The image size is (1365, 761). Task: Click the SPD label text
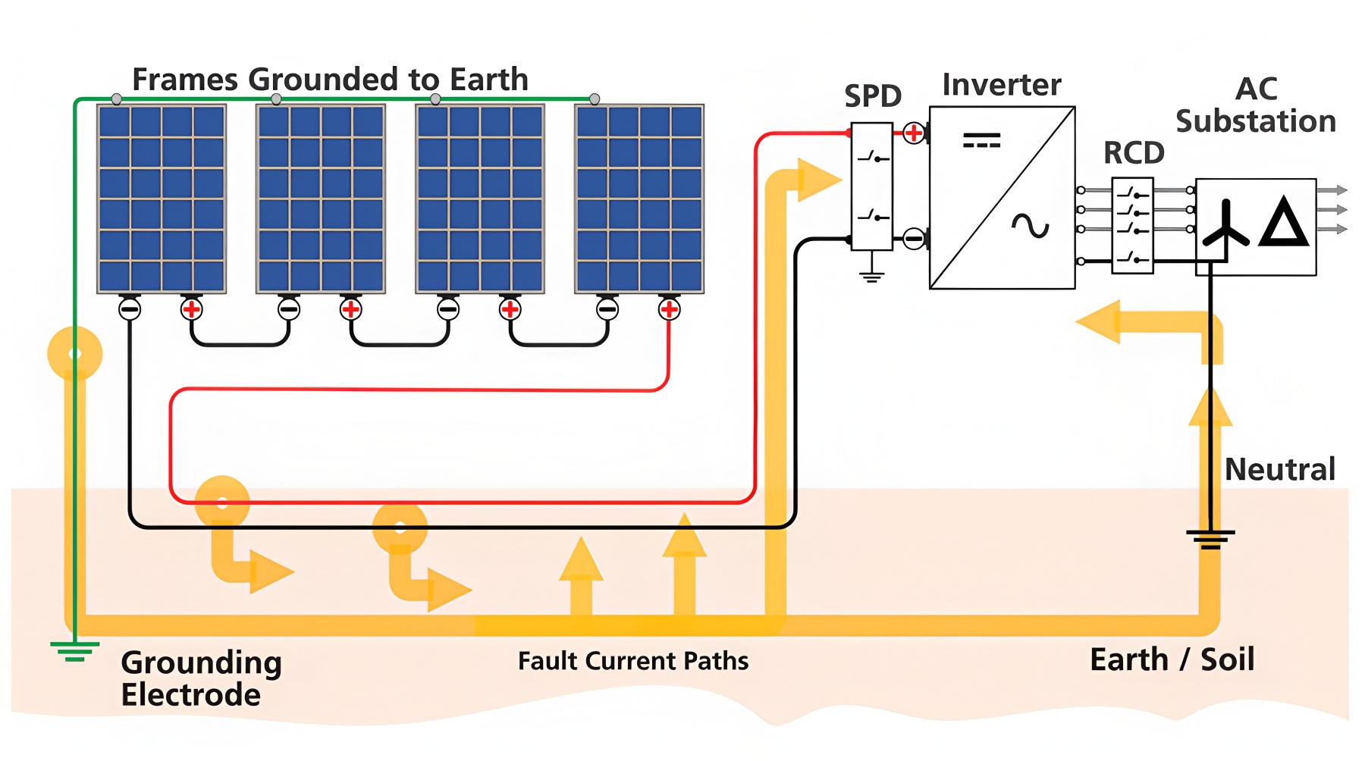pyautogui.click(x=873, y=96)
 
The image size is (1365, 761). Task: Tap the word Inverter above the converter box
pyautogui.click(x=1001, y=85)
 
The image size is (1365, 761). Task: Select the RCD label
pyautogui.click(x=1134, y=153)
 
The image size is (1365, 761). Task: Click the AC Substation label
pyautogui.click(x=1256, y=105)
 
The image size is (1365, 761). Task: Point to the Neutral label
pyautogui.click(x=1279, y=470)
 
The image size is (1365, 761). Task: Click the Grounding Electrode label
pyautogui.click(x=201, y=678)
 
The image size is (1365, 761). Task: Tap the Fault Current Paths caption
pyautogui.click(x=633, y=661)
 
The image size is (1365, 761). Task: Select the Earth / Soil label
pyautogui.click(x=1172, y=659)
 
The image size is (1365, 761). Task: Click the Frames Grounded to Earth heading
pyautogui.click(x=330, y=80)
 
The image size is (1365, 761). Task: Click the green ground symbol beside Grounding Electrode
pyautogui.click(x=74, y=651)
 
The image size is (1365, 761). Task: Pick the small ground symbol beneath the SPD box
pyautogui.click(x=872, y=275)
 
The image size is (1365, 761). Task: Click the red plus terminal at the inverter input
pyautogui.click(x=914, y=133)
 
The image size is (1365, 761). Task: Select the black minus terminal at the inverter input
pyautogui.click(x=914, y=240)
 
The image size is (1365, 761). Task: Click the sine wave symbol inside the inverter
pyautogui.click(x=1031, y=225)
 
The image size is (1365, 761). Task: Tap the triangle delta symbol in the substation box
pyautogui.click(x=1283, y=223)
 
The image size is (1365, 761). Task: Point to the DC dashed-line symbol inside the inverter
pyautogui.click(x=981, y=140)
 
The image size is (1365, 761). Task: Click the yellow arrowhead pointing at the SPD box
pyautogui.click(x=818, y=180)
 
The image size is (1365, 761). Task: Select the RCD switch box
pyautogui.click(x=1132, y=225)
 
